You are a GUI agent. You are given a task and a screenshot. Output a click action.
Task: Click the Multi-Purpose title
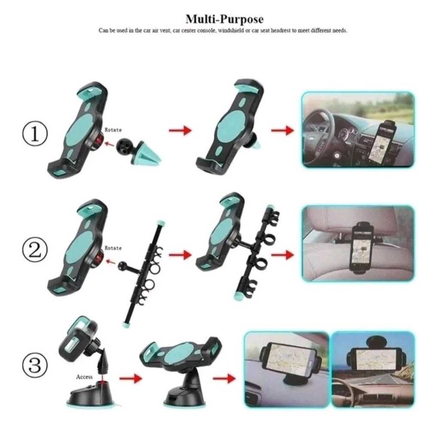(224, 19)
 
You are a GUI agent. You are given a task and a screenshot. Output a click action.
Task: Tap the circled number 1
(35, 134)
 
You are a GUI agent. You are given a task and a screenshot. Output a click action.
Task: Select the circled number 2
(35, 250)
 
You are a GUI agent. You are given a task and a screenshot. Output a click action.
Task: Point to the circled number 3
(35, 365)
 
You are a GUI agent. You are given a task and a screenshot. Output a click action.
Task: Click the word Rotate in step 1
(113, 130)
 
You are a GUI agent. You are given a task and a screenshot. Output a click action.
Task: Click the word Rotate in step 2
(113, 248)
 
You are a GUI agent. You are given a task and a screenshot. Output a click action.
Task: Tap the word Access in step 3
(84, 376)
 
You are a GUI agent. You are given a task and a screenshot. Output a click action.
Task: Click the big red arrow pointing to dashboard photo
(282, 130)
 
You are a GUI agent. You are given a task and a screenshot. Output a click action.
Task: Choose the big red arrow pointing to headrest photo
(282, 255)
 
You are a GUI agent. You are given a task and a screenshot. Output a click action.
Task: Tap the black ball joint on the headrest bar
(123, 265)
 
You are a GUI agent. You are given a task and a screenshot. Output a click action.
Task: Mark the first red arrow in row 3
(131, 378)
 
